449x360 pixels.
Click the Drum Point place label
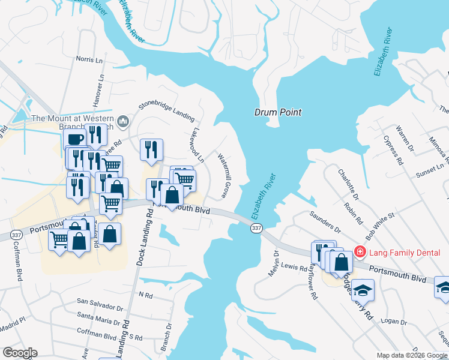[x=277, y=112]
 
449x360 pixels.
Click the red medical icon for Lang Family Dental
[x=360, y=252]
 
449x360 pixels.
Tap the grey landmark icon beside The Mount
[x=124, y=122]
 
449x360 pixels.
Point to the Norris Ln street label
[x=89, y=59]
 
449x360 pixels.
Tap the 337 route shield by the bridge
[x=256, y=229]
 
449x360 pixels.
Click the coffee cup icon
[x=76, y=139]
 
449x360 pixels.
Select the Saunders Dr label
[x=324, y=221]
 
